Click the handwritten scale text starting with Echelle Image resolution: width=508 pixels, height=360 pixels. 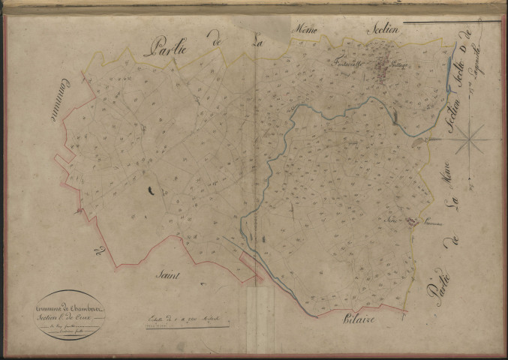180,319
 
